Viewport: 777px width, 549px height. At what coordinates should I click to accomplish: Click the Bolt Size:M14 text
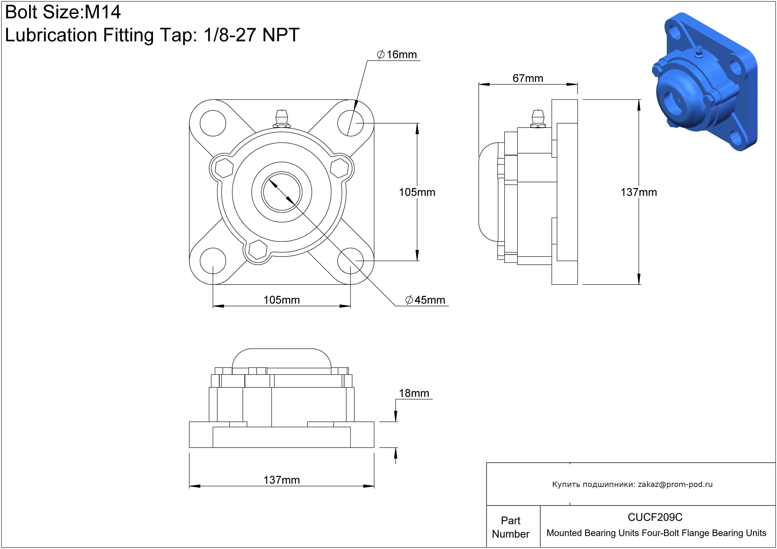tap(63, 12)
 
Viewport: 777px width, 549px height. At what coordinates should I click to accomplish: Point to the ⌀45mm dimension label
tap(425, 300)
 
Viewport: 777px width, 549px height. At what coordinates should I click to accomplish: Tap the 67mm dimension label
tap(528, 78)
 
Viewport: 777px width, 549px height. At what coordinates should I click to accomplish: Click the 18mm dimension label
tap(414, 393)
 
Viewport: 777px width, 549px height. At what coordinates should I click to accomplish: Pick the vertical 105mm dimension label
tap(417, 192)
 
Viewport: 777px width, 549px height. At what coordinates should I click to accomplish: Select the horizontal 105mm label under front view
tap(282, 300)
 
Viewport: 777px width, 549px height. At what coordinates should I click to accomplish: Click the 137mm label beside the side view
tap(639, 192)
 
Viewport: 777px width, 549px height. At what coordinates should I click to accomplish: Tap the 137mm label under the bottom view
tap(282, 480)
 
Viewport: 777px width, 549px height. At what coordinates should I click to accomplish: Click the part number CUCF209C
tap(655, 517)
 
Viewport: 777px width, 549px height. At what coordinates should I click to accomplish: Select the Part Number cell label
tap(511, 527)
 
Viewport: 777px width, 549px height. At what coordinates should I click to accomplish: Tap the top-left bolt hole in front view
tap(213, 123)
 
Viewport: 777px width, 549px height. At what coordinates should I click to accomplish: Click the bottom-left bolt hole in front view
tap(213, 261)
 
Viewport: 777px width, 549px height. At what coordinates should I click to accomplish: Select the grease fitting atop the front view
tap(282, 118)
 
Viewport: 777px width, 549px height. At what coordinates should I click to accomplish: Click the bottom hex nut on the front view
tap(258, 250)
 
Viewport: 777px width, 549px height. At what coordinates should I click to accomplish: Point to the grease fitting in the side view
tap(538, 119)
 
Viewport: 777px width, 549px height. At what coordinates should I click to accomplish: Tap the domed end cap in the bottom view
tap(282, 359)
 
